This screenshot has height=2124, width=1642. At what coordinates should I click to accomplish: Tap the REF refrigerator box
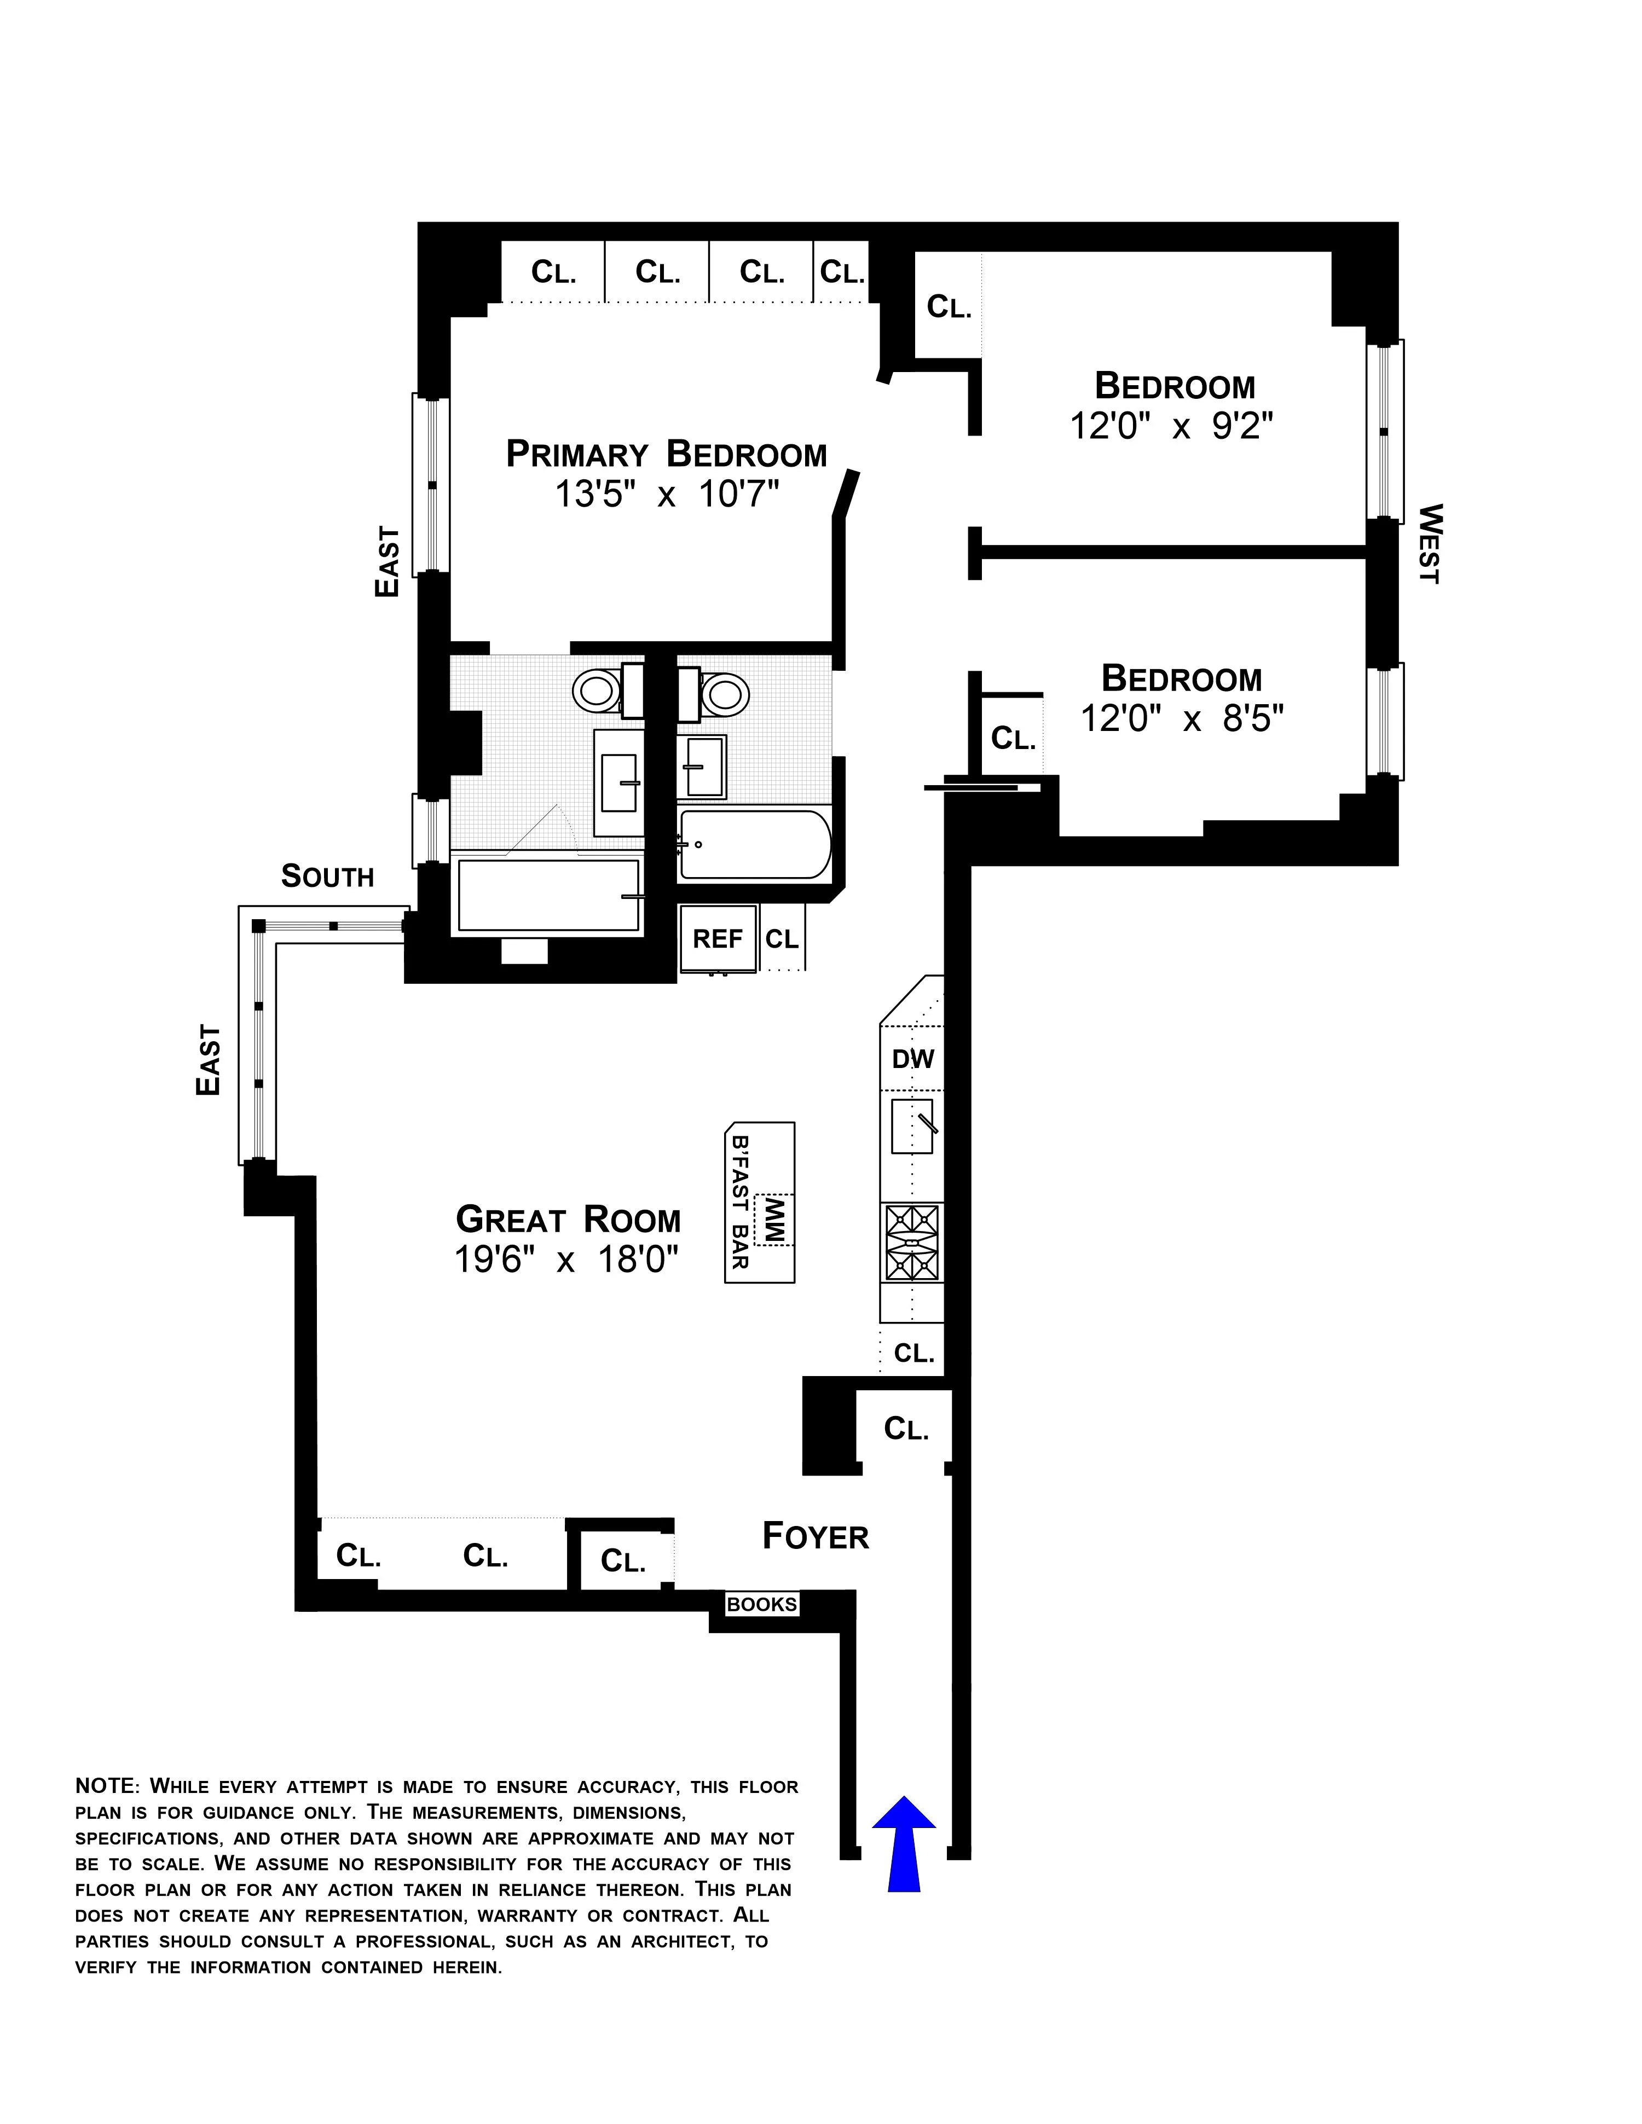point(718,938)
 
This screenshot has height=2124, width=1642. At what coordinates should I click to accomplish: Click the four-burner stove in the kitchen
point(911,1243)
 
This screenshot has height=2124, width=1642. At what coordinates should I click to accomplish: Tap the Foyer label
point(815,1536)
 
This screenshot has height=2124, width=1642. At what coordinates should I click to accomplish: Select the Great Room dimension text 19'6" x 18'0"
point(566,1261)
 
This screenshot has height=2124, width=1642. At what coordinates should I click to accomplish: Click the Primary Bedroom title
point(666,454)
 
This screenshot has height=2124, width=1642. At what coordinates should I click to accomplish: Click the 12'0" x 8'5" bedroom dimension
point(1182,719)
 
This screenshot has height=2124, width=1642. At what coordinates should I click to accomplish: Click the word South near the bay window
point(327,877)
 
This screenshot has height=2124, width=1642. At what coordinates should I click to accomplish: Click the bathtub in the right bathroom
point(755,844)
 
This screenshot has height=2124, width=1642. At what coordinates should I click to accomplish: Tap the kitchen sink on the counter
point(912,1125)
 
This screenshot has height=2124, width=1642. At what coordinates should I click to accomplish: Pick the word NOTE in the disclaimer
point(107,1786)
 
